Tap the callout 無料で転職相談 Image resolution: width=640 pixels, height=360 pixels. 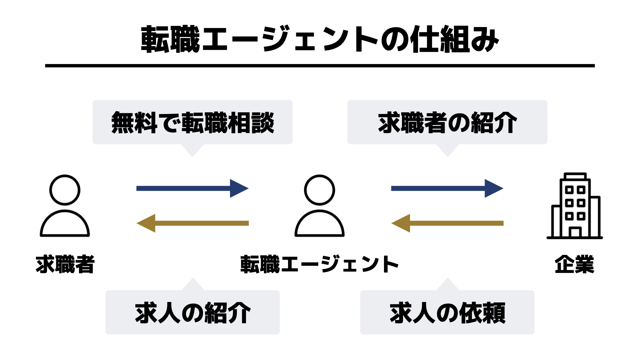[193, 123]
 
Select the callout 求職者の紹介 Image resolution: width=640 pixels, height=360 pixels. [447, 123]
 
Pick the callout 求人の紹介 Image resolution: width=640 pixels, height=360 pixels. [193, 313]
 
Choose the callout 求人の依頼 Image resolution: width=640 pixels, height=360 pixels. [447, 313]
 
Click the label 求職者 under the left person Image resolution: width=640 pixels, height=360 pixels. [65, 264]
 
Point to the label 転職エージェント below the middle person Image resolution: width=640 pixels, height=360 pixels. [319, 264]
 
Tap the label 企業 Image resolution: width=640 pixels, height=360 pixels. [574, 264]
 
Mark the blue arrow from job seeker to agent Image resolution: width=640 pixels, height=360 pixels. [193, 188]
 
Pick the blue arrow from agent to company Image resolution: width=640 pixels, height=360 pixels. [447, 188]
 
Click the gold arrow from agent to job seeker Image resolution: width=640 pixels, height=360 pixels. [193, 223]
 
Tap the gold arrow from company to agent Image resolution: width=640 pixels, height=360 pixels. [447, 223]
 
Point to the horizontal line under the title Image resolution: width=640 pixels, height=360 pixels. [320, 66]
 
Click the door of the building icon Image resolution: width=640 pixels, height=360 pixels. [575, 232]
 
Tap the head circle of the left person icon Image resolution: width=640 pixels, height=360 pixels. [65, 190]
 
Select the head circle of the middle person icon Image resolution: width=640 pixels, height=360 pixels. [319, 190]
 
